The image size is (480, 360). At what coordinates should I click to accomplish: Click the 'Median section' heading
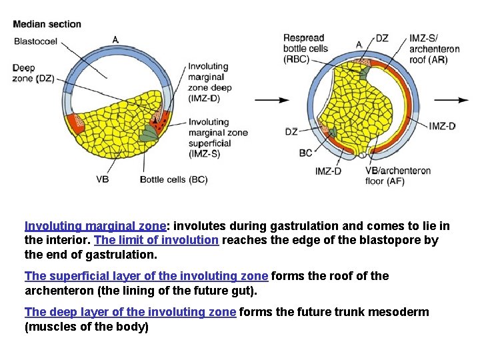[47, 25]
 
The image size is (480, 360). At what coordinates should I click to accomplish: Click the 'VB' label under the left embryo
[102, 179]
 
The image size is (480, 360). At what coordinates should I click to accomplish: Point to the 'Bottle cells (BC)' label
[174, 179]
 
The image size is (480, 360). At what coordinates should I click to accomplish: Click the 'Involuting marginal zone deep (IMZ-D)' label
[209, 82]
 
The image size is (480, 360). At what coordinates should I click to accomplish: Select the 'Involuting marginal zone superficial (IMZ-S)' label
[217, 137]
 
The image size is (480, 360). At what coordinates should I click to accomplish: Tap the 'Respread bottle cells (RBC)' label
[305, 48]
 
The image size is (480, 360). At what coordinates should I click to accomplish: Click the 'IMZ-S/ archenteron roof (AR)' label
[434, 49]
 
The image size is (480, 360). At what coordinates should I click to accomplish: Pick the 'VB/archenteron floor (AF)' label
[397, 176]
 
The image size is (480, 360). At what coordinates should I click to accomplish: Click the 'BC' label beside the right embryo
[305, 153]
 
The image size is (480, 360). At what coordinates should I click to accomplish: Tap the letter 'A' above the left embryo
[115, 40]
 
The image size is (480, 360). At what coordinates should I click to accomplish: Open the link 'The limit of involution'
[157, 241]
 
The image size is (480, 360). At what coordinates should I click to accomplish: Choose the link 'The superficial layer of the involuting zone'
[146, 276]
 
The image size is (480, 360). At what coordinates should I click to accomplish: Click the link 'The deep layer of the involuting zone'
[130, 312]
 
